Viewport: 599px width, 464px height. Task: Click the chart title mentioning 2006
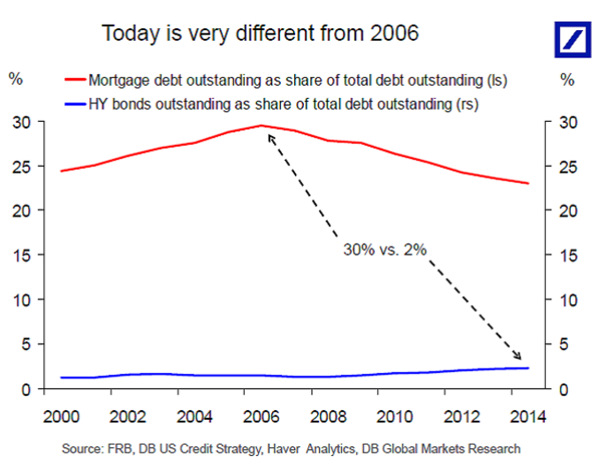coord(260,34)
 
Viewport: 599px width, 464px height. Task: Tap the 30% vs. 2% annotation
coord(385,250)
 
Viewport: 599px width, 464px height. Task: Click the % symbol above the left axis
coord(16,78)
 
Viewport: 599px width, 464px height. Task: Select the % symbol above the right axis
coord(568,78)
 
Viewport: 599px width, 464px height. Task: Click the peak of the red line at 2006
coord(262,126)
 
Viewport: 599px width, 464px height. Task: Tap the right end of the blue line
coord(528,368)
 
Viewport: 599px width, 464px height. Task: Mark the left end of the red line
coord(60,171)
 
